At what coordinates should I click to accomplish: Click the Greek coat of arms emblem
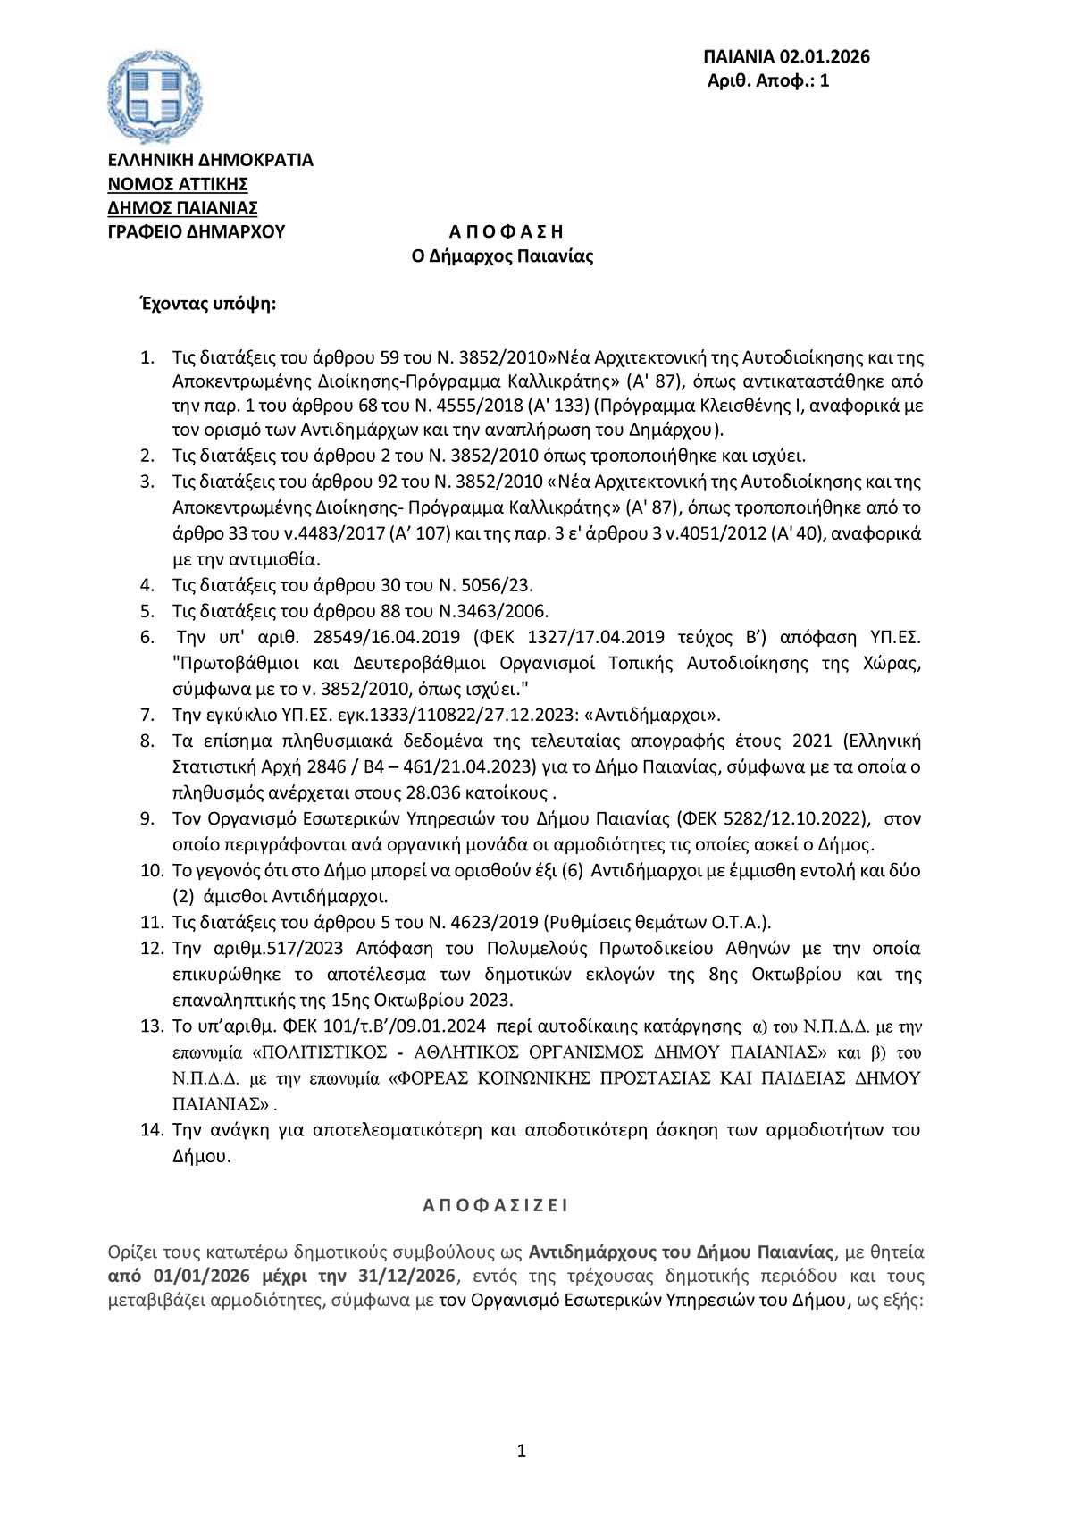[x=148, y=97]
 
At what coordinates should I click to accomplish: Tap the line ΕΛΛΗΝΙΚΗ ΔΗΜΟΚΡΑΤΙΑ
[x=210, y=160]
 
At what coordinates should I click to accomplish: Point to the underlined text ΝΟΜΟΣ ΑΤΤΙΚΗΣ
[x=178, y=184]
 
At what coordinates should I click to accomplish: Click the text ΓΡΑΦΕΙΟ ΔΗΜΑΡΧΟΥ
[x=196, y=232]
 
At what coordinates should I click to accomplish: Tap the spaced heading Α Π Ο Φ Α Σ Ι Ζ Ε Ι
[x=495, y=1205]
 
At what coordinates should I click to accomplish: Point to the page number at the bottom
[x=522, y=1452]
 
